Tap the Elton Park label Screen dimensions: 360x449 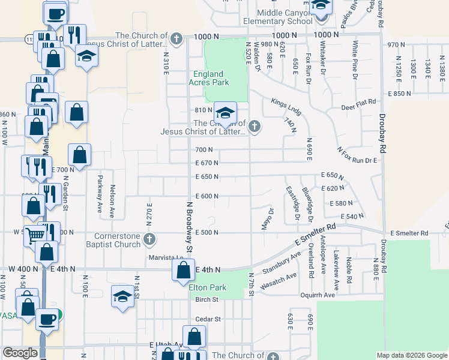click(x=207, y=287)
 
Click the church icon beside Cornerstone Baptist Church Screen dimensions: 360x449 click(x=150, y=240)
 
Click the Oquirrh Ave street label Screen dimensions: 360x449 click(x=334, y=295)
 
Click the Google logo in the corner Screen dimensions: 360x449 click(x=20, y=353)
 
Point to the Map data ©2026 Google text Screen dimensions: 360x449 click(x=412, y=355)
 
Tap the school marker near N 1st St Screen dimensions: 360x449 click(x=122, y=297)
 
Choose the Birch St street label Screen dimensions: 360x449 click(x=206, y=299)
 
